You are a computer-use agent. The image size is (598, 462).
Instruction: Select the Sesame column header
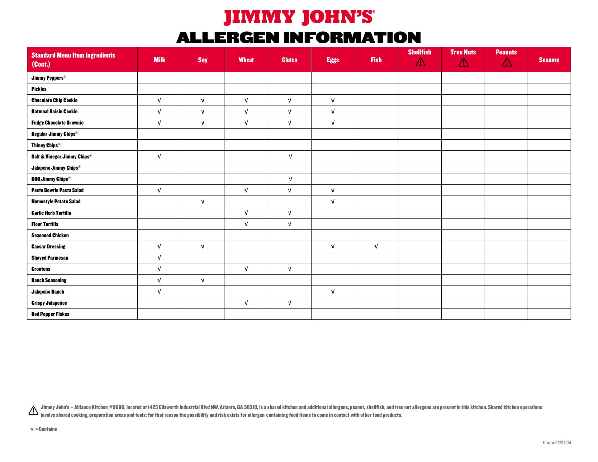coord(549,60)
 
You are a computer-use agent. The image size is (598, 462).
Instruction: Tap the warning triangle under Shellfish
coord(420,62)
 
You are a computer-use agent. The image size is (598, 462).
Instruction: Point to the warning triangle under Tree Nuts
coord(463,62)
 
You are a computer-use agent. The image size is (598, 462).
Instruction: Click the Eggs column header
coord(333,60)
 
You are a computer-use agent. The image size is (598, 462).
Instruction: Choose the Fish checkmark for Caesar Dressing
coord(376,247)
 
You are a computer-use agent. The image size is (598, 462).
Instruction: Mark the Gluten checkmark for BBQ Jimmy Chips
coord(290,179)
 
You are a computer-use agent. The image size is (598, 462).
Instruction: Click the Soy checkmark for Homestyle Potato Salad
coord(203,201)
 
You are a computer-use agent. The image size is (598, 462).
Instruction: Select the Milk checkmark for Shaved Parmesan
coord(159,258)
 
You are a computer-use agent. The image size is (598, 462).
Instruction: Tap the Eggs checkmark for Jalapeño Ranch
coord(333,292)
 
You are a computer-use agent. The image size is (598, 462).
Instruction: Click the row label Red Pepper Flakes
coord(50,314)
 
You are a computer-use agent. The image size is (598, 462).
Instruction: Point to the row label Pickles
coord(39,89)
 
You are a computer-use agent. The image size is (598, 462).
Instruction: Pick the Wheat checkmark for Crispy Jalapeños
coord(246,303)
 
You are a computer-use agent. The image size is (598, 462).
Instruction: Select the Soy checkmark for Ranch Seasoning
coord(203,280)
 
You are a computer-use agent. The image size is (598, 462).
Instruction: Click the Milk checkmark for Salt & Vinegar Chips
coord(159,157)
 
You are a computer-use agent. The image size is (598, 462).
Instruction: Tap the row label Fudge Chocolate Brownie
coord(57,123)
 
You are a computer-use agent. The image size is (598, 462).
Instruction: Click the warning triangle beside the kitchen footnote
coord(33,411)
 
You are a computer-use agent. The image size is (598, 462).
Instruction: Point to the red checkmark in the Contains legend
coord(32,429)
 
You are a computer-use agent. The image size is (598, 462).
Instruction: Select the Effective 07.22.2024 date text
coord(557,443)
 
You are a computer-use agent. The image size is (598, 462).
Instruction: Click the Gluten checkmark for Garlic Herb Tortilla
coord(289,213)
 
